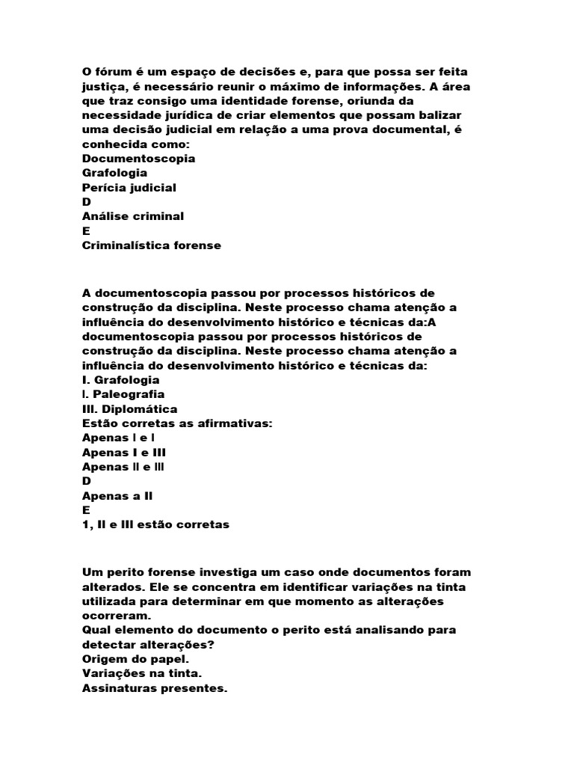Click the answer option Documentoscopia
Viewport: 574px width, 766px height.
(x=138, y=159)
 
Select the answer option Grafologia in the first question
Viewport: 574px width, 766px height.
(x=114, y=173)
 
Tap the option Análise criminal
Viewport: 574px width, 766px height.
(x=133, y=216)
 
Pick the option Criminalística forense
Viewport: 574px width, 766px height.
(x=152, y=245)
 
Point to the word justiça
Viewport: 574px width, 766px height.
(x=102, y=86)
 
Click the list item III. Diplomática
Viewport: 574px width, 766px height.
(x=129, y=408)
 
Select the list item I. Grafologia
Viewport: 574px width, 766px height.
(x=121, y=380)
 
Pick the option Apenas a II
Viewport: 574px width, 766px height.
(x=123, y=495)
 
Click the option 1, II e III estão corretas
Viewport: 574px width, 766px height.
(x=155, y=524)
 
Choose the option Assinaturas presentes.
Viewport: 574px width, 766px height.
(x=154, y=687)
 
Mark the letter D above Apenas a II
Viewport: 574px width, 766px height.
(x=86, y=481)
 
